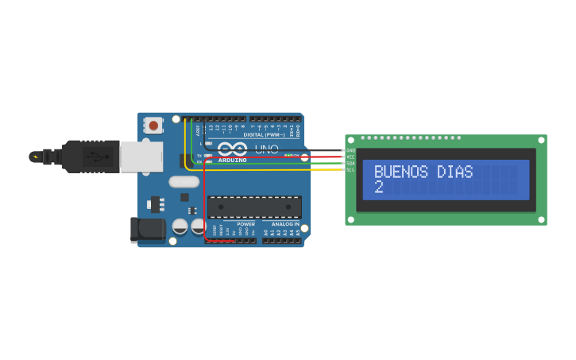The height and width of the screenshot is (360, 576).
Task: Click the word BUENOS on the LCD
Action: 400,172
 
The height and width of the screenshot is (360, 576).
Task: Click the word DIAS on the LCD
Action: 455,172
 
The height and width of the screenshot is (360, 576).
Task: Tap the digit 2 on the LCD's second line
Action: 378,188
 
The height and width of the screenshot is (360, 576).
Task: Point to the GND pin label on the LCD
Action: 350,150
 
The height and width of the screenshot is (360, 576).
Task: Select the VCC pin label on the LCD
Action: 350,157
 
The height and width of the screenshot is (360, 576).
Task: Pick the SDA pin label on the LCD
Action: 350,163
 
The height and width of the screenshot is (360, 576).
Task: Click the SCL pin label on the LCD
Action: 350,169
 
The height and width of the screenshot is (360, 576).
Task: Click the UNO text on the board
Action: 266,149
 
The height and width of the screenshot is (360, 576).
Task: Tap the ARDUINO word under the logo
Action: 232,160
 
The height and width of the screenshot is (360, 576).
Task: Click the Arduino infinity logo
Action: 233,149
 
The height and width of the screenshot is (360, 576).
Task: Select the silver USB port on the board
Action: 141,157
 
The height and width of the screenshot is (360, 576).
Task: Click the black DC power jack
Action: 148,230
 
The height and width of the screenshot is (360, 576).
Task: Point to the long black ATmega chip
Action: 254,207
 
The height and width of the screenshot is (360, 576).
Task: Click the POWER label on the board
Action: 245,224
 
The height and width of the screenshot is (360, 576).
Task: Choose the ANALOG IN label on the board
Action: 285,224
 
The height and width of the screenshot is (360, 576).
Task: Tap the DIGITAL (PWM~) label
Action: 264,135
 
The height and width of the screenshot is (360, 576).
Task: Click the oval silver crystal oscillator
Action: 184,181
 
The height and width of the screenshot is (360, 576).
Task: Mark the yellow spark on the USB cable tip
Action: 35,157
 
